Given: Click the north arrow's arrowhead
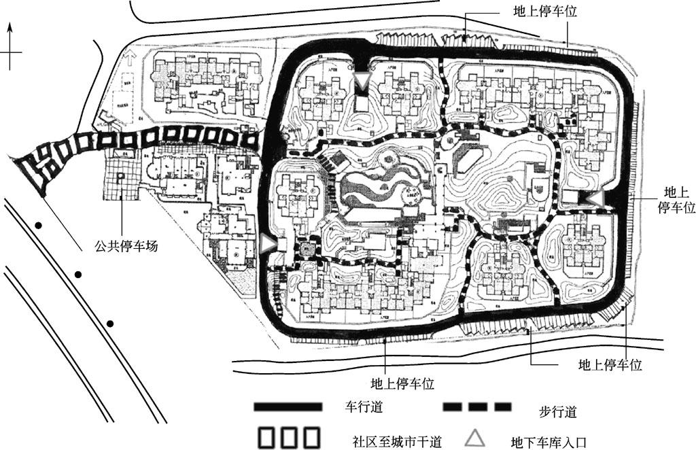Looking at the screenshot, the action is pos(10,29).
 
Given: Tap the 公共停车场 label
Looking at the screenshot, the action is pos(126,245).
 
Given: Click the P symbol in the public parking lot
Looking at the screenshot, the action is pos(120,177).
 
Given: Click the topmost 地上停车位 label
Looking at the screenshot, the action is pos(544,12).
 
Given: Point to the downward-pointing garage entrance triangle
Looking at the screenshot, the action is pos(364,82).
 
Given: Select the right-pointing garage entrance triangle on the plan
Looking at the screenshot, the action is pos(269,242).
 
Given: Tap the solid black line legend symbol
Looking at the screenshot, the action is pos(287,406).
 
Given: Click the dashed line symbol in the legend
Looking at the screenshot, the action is pos(476,407).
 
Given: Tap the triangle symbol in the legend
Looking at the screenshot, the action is pos(475,437).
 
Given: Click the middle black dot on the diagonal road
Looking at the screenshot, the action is pos(78,275).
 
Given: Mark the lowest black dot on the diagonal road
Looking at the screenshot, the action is pos(110,323).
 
